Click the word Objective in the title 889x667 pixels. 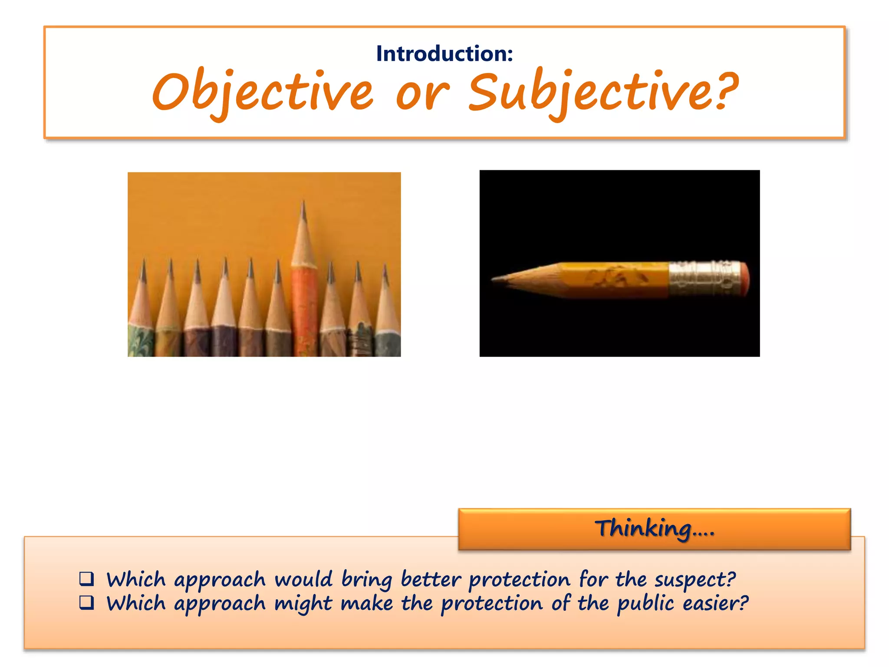[x=262, y=92]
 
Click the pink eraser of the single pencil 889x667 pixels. [x=744, y=278]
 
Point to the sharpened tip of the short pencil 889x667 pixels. [x=495, y=279]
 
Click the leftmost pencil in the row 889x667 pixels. [x=142, y=313]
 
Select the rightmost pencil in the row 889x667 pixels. [x=387, y=313]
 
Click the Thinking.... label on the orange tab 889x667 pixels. [x=654, y=528]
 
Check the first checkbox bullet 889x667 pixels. [x=86, y=578]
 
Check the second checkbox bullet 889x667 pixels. [x=86, y=602]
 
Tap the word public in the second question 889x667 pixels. [x=645, y=604]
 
